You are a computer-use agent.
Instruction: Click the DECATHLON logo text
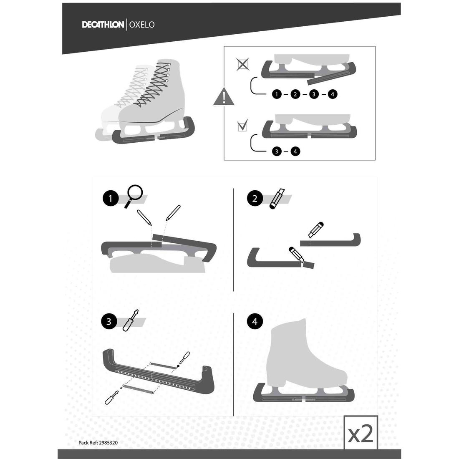pos(103,25)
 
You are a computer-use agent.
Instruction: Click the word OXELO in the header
pos(142,25)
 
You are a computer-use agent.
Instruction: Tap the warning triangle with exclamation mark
pos(224,96)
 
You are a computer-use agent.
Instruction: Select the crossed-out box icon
pos(243,64)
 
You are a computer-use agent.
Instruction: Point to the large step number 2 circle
pos(255,199)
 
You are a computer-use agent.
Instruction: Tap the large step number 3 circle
pos(109,321)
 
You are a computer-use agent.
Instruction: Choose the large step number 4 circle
pos(255,321)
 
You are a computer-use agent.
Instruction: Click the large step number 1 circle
pos(110,199)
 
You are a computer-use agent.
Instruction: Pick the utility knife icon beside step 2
pos(277,199)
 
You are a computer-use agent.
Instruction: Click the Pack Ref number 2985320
pos(108,443)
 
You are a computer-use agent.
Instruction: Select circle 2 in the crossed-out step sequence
pos(295,94)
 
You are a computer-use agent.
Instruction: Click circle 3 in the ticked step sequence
pos(276,151)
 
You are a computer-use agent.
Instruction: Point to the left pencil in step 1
pos(144,217)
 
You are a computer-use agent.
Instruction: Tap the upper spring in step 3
pos(162,366)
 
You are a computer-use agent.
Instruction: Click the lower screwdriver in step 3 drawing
pos(112,397)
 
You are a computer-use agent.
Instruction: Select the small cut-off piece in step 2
pos(308,265)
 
